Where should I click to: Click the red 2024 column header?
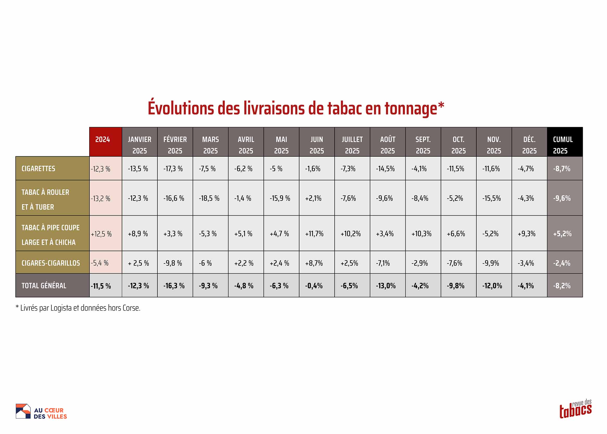click(105, 142)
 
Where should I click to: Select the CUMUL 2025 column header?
click(565, 142)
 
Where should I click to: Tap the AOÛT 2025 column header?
click(387, 142)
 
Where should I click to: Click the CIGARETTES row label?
click(52, 168)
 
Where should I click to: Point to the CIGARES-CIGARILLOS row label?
click(52, 263)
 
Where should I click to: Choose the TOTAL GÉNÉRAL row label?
click(52, 285)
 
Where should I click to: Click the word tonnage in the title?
click(411, 109)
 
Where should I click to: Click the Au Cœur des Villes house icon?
click(23, 411)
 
